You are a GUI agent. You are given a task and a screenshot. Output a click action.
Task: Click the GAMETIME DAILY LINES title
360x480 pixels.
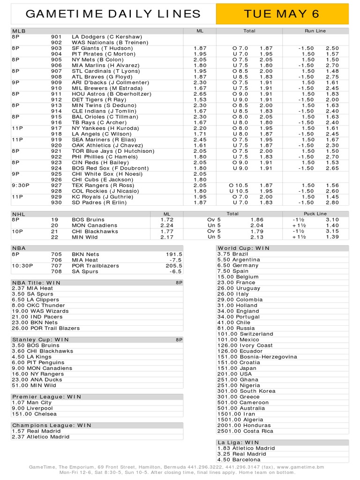(113, 14)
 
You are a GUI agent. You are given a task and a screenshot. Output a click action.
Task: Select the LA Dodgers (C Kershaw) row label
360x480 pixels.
(106, 37)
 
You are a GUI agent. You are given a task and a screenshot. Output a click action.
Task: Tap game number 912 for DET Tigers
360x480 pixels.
(56, 99)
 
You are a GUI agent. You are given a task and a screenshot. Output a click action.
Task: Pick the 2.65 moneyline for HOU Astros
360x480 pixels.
(200, 94)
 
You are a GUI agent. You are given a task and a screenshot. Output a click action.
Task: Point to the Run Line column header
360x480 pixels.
(315, 31)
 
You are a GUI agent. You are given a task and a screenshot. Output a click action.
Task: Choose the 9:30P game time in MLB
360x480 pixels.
(22, 185)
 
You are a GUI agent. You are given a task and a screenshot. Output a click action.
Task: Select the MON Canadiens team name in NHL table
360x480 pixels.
(95, 225)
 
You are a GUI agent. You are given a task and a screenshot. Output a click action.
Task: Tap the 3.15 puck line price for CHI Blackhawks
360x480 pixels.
(332, 231)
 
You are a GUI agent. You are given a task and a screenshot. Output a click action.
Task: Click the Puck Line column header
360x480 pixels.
(315, 214)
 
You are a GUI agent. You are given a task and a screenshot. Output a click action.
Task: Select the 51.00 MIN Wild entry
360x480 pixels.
(34, 385)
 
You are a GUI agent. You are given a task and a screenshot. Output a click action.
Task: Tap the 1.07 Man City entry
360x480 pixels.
(32, 403)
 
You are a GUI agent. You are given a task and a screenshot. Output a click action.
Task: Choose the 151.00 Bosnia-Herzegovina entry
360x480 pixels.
(257, 357)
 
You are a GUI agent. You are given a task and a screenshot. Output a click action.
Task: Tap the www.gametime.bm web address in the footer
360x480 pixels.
(300, 467)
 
